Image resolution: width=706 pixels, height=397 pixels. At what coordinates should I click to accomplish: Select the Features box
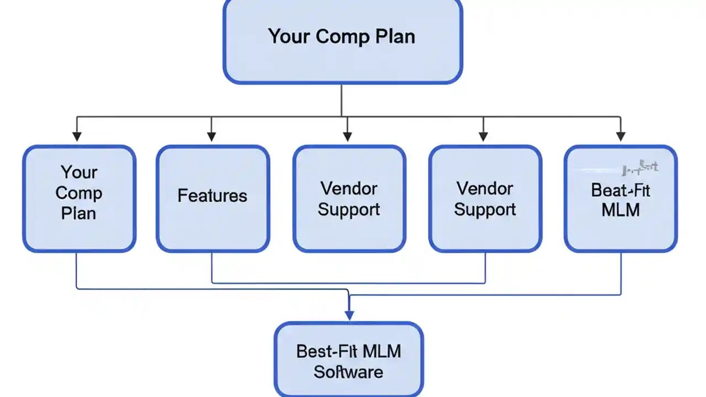click(x=212, y=198)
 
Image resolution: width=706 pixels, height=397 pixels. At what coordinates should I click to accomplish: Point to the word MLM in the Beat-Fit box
click(x=621, y=210)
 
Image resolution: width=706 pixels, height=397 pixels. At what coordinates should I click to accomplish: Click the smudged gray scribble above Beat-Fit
click(x=640, y=166)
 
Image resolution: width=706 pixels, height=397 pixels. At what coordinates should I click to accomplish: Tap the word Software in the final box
click(x=349, y=372)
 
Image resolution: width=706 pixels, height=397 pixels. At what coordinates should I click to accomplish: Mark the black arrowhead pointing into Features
click(x=211, y=136)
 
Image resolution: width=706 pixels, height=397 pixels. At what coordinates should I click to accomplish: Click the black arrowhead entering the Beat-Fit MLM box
click(x=621, y=136)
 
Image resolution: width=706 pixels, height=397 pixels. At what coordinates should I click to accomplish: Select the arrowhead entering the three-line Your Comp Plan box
click(x=77, y=136)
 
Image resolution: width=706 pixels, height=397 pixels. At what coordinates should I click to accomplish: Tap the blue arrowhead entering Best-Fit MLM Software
click(x=349, y=315)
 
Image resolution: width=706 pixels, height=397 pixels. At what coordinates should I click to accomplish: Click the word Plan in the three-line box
click(x=78, y=213)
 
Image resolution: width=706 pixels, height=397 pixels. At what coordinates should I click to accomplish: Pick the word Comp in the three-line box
click(x=78, y=193)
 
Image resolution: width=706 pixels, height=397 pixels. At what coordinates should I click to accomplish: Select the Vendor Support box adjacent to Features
click(x=349, y=198)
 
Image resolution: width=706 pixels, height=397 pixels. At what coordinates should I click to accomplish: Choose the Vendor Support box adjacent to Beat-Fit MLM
click(x=485, y=198)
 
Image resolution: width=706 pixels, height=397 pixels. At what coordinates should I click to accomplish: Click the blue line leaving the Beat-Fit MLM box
click(x=621, y=273)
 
